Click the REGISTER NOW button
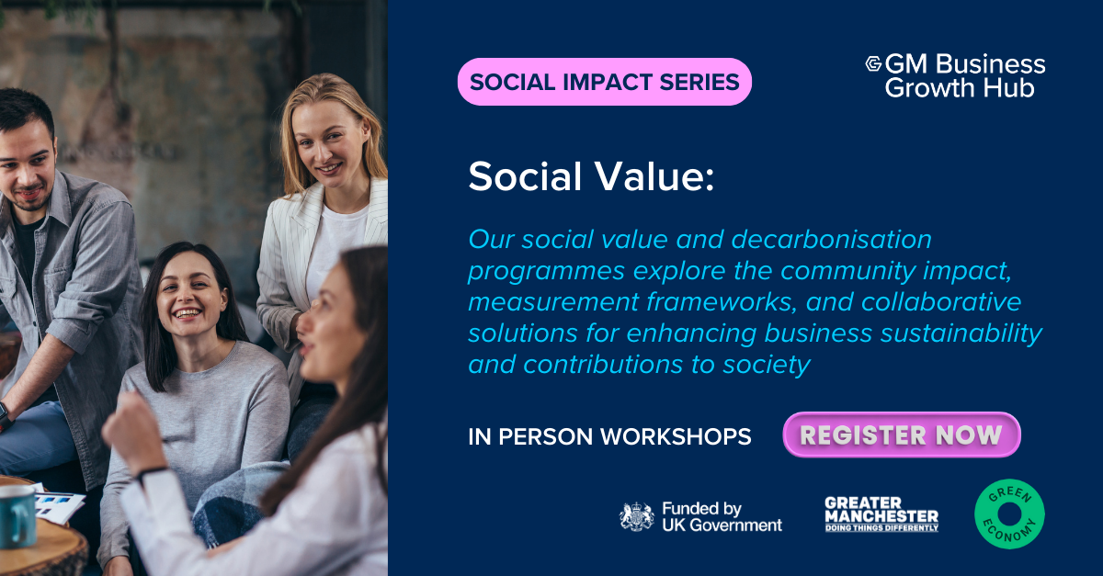click(901, 435)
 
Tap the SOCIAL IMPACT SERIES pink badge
click(604, 82)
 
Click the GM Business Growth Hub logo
click(955, 75)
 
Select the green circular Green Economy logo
click(1009, 514)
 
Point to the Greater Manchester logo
click(881, 514)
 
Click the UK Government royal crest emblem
click(637, 517)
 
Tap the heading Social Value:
click(591, 176)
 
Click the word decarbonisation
click(831, 240)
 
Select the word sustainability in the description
click(961, 333)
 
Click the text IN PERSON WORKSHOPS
click(609, 436)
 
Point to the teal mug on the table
click(17, 516)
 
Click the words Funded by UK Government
click(722, 517)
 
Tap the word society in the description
click(766, 366)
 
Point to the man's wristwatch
click(5, 417)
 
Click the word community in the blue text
click(847, 272)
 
